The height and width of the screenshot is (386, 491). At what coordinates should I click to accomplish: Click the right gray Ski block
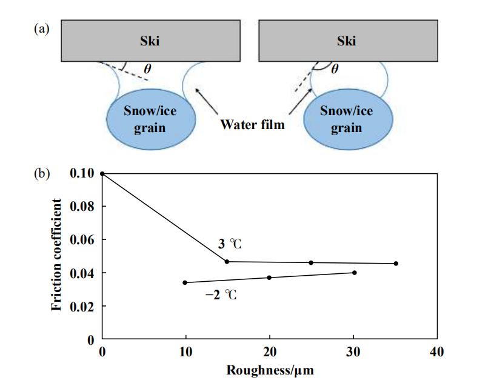point(347,41)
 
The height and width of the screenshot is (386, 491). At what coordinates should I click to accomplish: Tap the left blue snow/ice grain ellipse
point(150,119)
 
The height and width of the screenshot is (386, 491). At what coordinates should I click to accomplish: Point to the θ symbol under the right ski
point(335,68)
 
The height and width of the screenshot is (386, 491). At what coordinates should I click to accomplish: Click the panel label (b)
point(42,173)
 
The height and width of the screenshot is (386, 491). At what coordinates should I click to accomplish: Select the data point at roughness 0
point(102,173)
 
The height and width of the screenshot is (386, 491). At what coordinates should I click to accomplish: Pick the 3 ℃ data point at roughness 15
point(227,261)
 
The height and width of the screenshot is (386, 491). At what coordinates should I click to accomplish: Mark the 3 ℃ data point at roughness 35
point(396,263)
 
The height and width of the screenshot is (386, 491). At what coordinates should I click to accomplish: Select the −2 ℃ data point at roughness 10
point(185,282)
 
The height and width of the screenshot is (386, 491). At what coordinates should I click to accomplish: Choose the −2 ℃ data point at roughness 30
point(355,273)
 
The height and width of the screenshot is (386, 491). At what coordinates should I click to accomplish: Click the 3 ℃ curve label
point(229,245)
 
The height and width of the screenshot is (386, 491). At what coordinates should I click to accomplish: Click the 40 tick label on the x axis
point(437,352)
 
